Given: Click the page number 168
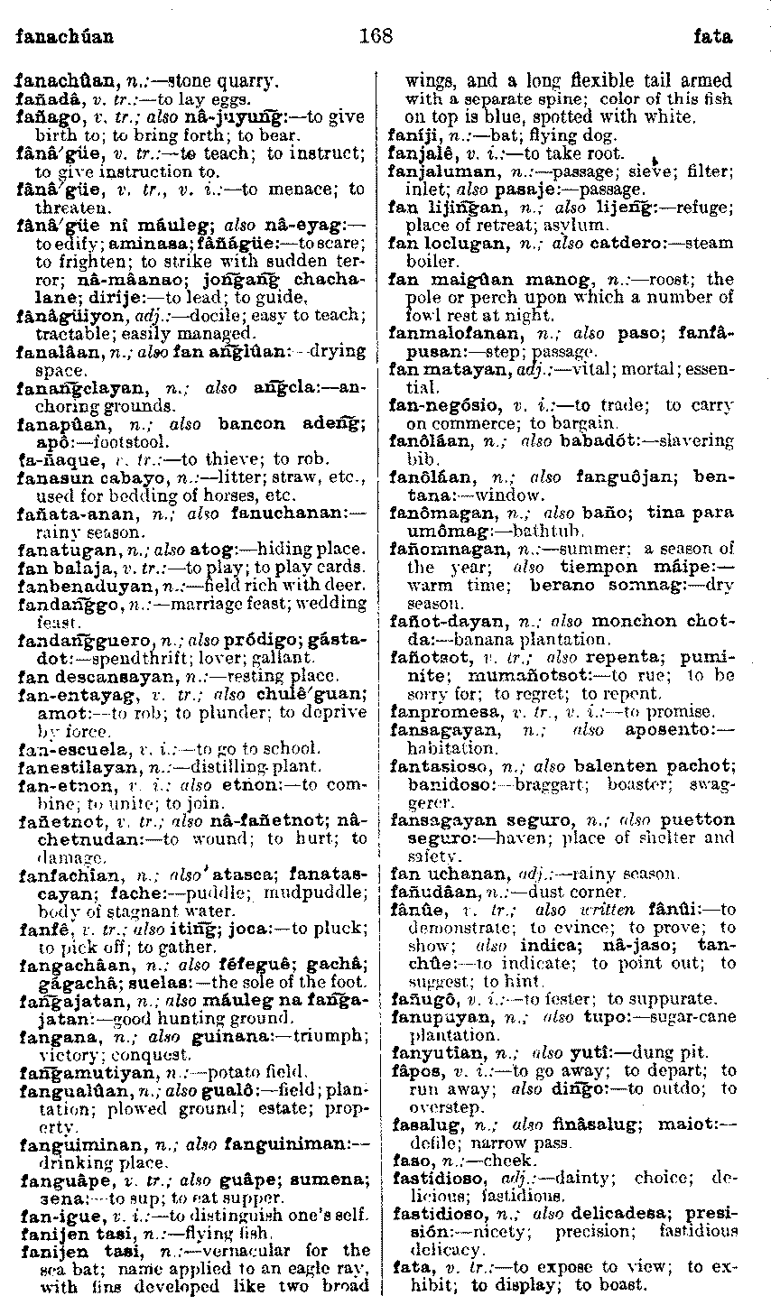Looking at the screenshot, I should [376, 37].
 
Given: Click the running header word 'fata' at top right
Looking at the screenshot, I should [712, 38].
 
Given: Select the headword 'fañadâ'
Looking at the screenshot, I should [42, 98].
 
